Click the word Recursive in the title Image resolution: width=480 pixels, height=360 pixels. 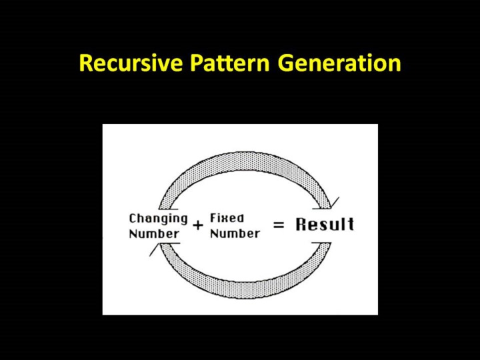pos(131,63)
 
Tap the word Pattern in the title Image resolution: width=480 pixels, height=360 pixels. pos(229,63)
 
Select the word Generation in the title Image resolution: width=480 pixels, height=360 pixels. pos(339,63)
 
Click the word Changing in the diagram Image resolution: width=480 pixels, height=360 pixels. pos(158,219)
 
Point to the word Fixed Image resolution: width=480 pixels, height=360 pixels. pos(227,218)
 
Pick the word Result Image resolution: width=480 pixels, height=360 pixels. pos(325,224)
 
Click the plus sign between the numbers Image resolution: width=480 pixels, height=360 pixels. pos(198,225)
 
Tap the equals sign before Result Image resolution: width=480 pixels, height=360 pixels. pos(279,225)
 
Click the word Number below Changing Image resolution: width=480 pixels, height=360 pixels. pos(154,234)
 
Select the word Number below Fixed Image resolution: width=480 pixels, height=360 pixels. pos(235,234)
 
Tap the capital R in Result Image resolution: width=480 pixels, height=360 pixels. pos(301,224)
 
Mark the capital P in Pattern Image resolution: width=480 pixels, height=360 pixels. pos(196,63)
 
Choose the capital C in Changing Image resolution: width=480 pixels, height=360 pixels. pos(133,218)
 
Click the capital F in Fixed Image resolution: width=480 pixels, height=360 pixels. pos(213,218)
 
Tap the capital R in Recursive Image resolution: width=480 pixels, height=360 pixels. pos(85,63)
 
